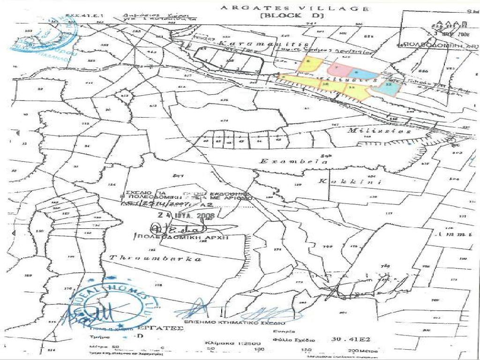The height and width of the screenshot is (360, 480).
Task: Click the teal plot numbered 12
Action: point(389,86)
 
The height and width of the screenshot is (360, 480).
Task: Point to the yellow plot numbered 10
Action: point(325,84)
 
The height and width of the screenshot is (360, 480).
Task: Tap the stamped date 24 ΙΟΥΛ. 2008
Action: point(186,216)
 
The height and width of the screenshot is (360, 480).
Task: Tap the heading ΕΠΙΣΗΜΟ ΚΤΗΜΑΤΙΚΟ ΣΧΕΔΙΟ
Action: point(244,323)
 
